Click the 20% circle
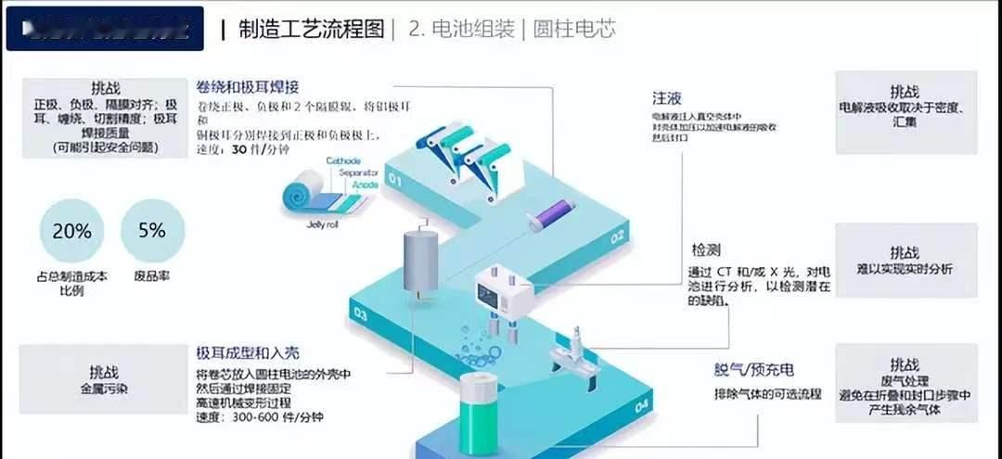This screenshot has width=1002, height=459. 72,232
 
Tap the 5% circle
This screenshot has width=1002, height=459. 152,232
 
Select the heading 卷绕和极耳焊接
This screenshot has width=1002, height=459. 247,87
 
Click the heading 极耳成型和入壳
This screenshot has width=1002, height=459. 246,353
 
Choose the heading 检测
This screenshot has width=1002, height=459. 707,250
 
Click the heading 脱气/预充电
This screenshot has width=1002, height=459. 753,369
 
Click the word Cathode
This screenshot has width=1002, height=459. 342,160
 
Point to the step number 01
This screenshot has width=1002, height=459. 395,180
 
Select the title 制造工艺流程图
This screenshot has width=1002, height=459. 311,29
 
